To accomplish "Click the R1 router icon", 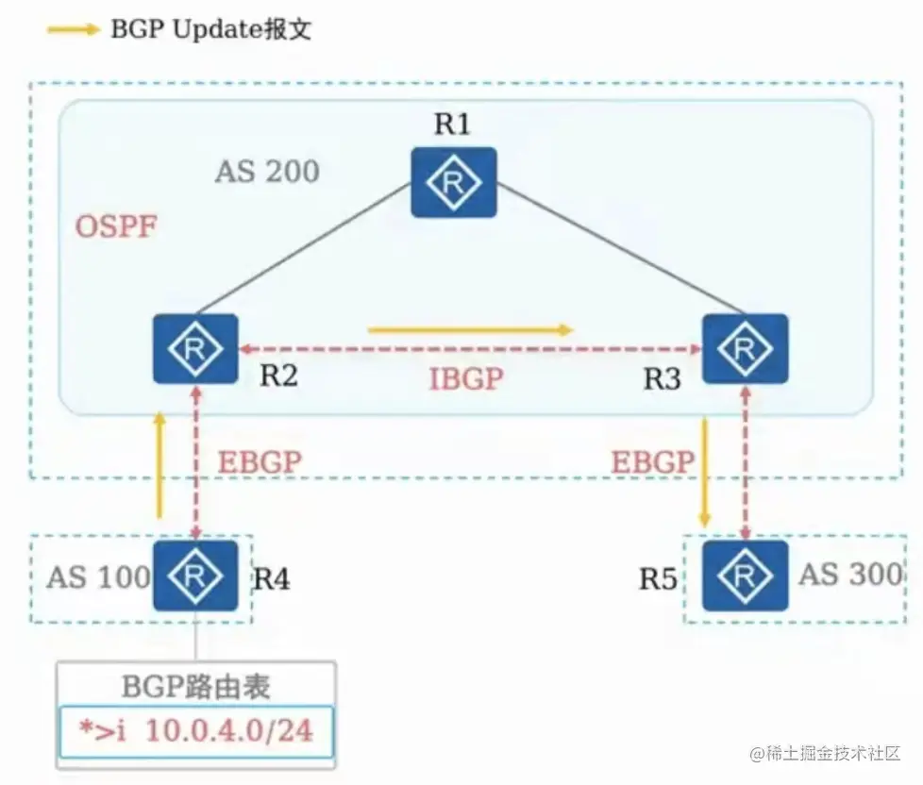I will click(454, 182).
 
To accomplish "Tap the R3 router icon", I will click(745, 349).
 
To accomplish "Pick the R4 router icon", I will click(195, 575).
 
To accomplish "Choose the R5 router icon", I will click(745, 575).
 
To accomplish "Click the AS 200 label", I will click(267, 172).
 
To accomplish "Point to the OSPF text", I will click(116, 226).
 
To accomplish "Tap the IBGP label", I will click(466, 379).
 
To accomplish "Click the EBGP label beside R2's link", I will click(260, 462).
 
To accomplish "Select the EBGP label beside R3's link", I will click(652, 462).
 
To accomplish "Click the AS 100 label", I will click(98, 576).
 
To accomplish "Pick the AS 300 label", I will click(850, 574).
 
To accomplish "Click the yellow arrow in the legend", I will click(72, 29).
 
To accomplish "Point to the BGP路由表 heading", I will click(195, 685).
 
